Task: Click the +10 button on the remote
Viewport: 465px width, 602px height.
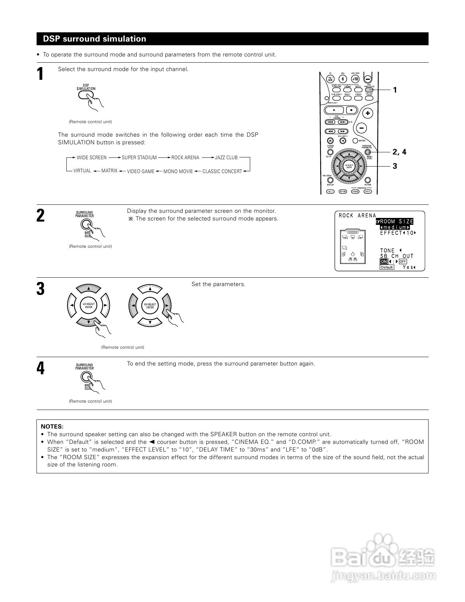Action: click(355, 79)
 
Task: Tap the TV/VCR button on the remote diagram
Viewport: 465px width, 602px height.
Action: click(330, 79)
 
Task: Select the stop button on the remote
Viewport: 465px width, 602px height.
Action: click(351, 110)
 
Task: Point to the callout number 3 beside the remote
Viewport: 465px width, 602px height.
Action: click(395, 166)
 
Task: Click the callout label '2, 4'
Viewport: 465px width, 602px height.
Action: click(399, 152)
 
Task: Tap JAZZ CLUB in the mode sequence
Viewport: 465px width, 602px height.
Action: click(226, 157)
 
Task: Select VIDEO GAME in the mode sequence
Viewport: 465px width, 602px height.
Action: click(140, 171)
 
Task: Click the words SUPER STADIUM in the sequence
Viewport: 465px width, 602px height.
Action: click(139, 157)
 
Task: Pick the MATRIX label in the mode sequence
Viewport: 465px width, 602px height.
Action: click(109, 171)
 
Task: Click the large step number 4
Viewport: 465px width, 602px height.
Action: click(40, 369)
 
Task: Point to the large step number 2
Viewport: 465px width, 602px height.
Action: click(40, 216)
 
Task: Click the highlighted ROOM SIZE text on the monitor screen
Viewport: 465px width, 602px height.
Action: click(396, 222)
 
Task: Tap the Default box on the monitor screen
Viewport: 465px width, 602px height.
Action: click(387, 267)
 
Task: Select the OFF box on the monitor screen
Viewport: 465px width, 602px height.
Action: click(403, 262)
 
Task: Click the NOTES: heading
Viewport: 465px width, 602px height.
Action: click(52, 426)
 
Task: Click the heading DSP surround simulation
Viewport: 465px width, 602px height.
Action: click(94, 39)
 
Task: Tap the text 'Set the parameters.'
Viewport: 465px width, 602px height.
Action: click(218, 284)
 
